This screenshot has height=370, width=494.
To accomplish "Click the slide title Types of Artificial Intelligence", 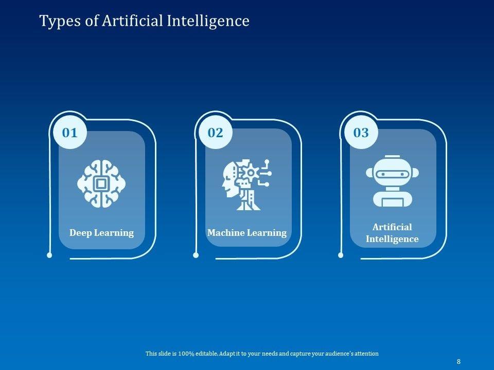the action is [144, 21].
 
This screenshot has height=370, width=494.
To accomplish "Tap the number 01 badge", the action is [69, 133].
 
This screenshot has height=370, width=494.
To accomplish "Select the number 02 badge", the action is [215, 133].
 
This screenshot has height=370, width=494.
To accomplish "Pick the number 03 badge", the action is [361, 133].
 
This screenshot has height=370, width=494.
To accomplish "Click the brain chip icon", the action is [101, 183].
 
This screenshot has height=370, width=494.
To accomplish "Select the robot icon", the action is [392, 181].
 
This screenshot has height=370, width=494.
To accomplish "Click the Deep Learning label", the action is [101, 233].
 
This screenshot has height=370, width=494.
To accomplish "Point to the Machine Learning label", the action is [247, 233].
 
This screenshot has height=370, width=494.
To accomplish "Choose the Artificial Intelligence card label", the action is [392, 233].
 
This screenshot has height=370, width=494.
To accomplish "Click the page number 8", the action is [458, 362].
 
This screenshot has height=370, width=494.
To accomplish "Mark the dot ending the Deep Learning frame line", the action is [49, 255].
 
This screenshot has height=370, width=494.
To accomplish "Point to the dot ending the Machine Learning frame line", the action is [196, 255].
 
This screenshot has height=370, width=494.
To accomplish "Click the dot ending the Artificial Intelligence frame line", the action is [341, 255].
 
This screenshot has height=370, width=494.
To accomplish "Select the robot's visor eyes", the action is [392, 174].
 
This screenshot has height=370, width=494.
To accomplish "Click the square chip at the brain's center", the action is [101, 183].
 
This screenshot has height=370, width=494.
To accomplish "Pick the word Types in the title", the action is [56, 21].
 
